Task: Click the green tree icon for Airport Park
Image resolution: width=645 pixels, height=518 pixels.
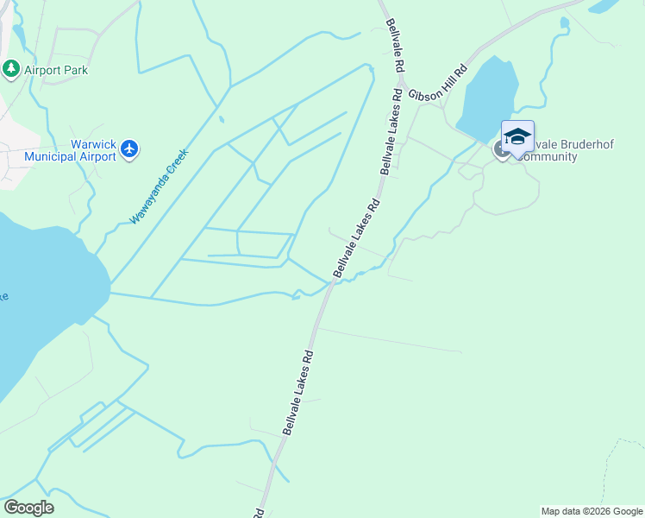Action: (x=11, y=68)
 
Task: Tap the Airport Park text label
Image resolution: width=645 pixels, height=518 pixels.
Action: (x=56, y=70)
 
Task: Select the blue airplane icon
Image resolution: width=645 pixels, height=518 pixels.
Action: (x=130, y=149)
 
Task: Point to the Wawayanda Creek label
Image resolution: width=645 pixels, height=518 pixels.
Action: (x=159, y=186)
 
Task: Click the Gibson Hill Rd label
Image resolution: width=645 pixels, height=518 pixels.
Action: (x=437, y=83)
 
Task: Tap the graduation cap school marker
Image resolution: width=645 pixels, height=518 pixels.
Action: (x=517, y=138)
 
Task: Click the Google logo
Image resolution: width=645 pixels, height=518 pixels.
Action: (x=28, y=508)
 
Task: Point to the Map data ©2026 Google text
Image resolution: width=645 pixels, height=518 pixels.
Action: (x=592, y=511)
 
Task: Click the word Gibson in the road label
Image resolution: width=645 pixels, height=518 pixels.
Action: (x=424, y=94)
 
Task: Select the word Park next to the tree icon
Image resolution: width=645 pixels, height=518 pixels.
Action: (x=74, y=70)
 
